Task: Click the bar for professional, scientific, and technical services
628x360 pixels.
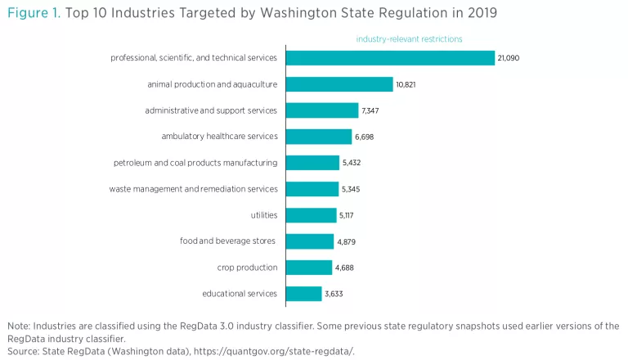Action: pyautogui.click(x=390, y=58)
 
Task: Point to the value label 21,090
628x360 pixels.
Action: pyautogui.click(x=509, y=58)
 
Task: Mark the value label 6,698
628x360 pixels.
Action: pyautogui.click(x=365, y=137)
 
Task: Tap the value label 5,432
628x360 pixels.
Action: pyautogui.click(x=352, y=163)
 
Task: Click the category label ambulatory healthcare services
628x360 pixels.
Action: pyautogui.click(x=220, y=137)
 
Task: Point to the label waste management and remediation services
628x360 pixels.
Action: pyautogui.click(x=193, y=189)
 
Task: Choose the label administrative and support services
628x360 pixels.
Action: pyautogui.click(x=211, y=110)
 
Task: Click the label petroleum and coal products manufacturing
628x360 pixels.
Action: pyautogui.click(x=195, y=163)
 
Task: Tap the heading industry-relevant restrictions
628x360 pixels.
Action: pyautogui.click(x=409, y=38)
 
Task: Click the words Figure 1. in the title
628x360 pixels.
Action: pyautogui.click(x=34, y=14)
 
